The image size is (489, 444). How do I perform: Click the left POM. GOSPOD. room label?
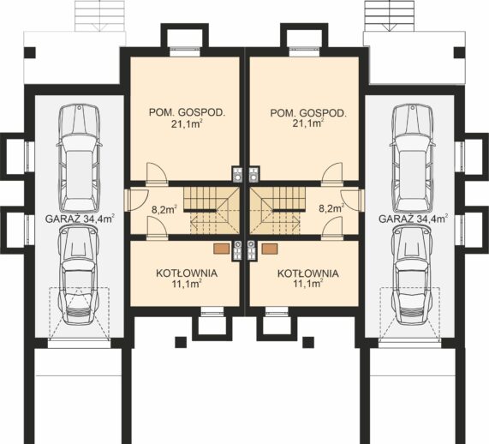(x=187, y=118)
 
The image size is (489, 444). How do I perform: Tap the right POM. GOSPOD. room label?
(x=308, y=118)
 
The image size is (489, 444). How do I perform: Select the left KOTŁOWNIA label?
(x=187, y=278)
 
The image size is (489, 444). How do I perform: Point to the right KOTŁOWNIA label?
(x=307, y=278)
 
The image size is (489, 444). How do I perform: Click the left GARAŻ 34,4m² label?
(x=80, y=219)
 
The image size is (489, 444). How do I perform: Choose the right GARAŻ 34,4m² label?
(x=414, y=219)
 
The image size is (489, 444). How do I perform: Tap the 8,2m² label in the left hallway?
(x=164, y=208)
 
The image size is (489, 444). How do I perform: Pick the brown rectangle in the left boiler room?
(x=222, y=249)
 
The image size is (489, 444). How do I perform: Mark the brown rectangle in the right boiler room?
(x=270, y=249)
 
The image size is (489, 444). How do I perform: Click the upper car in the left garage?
(x=79, y=159)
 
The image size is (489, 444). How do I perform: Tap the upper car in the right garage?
(x=413, y=159)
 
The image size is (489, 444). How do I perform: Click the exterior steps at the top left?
(x=100, y=15)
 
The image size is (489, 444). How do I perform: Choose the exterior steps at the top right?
(x=390, y=15)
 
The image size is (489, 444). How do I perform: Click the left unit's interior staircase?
(x=212, y=211)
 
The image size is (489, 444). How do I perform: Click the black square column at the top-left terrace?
(x=30, y=52)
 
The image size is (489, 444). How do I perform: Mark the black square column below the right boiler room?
(x=308, y=342)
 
